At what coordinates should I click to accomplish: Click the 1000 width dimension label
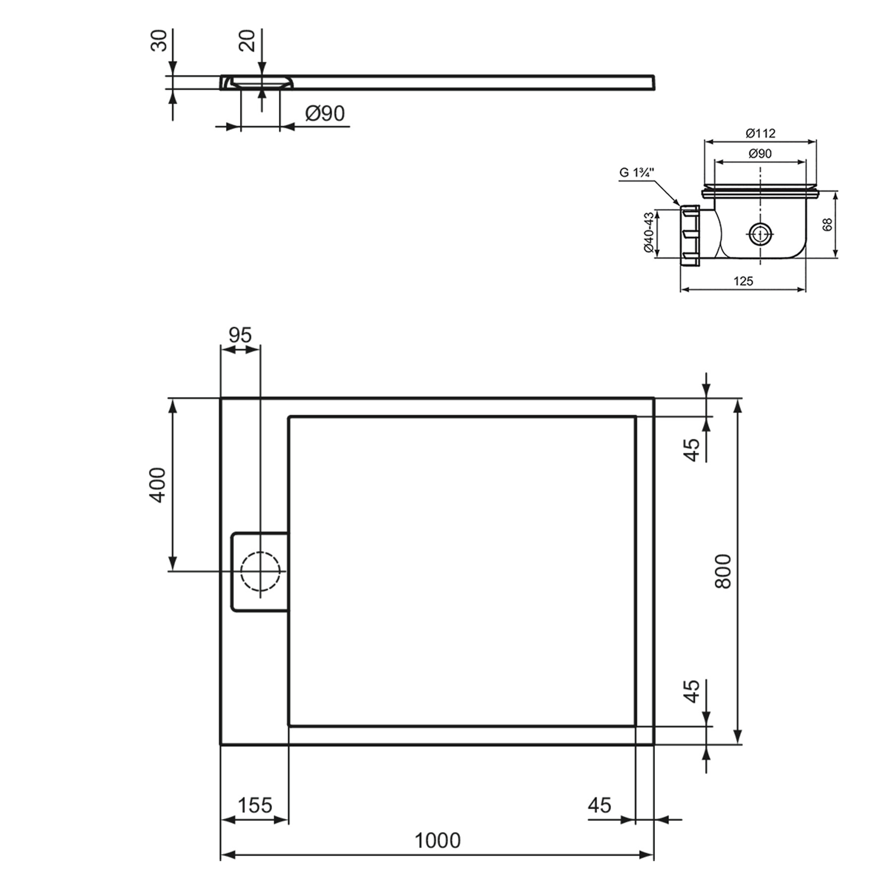437,840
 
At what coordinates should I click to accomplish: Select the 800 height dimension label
723,571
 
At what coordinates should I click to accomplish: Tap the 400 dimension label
158,485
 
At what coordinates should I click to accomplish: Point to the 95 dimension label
240,335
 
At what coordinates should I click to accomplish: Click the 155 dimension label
255,805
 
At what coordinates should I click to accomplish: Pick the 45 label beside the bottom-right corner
692,692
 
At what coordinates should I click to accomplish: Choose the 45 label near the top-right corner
692,449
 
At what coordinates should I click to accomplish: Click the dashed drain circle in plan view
260,571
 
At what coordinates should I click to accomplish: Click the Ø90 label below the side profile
325,113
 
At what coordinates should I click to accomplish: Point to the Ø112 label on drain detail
760,133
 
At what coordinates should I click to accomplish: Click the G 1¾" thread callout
637,173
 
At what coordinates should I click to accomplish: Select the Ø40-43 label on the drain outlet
649,233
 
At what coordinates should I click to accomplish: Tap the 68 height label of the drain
828,224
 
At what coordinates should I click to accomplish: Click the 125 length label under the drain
743,281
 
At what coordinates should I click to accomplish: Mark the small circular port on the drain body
759,234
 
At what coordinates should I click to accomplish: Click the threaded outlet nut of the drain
690,235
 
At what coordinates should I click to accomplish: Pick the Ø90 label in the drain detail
760,154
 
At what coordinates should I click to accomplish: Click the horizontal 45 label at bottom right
600,805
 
